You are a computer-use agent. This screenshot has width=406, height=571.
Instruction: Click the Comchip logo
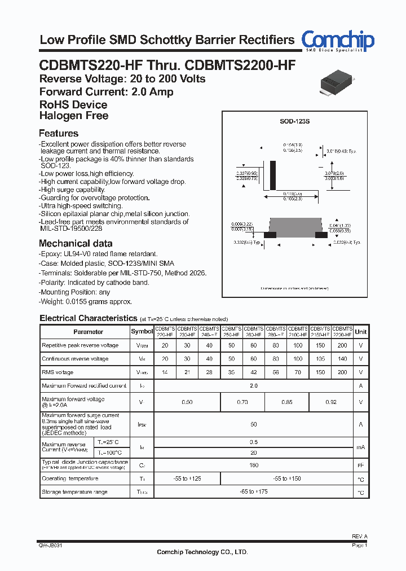(337, 41)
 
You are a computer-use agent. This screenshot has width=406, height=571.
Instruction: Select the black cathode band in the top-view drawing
(273, 175)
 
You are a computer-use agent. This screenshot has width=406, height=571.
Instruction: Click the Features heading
(59, 134)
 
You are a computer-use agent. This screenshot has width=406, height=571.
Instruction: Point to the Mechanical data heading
(76, 244)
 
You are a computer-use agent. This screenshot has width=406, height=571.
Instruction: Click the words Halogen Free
(74, 116)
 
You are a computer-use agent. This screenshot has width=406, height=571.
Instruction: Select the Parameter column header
(89, 332)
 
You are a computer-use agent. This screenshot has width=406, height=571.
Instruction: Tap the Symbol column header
(142, 332)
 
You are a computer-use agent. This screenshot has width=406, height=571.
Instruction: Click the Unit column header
(360, 332)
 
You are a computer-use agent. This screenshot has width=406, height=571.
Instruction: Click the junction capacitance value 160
(254, 465)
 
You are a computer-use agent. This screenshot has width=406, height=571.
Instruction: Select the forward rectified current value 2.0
(254, 386)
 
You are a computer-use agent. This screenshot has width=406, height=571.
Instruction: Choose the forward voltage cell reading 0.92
(331, 402)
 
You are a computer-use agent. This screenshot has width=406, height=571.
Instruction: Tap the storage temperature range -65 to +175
(254, 492)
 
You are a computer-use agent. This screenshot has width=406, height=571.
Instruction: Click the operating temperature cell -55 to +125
(187, 478)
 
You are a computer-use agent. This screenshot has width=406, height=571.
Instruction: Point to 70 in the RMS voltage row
(298, 372)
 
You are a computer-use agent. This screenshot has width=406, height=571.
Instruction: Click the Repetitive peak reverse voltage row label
(80, 345)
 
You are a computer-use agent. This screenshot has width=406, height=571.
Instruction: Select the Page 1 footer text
(359, 546)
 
